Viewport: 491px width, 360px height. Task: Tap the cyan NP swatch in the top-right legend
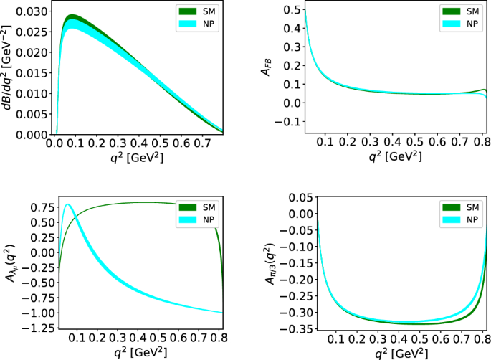(x=454, y=24)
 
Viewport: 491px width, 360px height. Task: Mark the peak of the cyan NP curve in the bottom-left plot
(x=68, y=205)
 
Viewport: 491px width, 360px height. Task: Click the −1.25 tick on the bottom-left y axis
(x=37, y=328)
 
